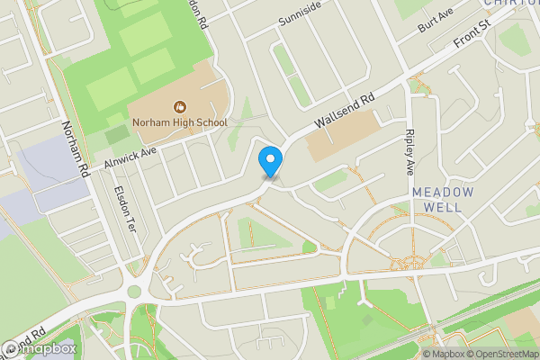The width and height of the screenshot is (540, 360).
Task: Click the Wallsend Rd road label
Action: click(x=343, y=112)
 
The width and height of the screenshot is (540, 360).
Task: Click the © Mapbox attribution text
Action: click(x=436, y=353)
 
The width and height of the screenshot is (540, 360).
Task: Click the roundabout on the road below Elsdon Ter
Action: click(x=136, y=292)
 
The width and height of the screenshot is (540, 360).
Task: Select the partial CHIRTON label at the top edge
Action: click(x=510, y=4)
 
